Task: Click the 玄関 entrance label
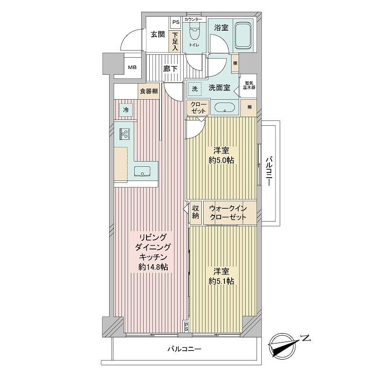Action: (158, 34)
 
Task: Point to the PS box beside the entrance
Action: (176, 22)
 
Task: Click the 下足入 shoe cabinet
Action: (175, 41)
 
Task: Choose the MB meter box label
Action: (132, 67)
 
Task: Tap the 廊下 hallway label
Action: (170, 69)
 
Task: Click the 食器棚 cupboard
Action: (149, 91)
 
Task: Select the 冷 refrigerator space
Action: (126, 110)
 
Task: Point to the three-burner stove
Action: (125, 134)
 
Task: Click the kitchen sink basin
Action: (142, 171)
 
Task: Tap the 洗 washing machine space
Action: (195, 89)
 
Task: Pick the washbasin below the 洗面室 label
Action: (224, 107)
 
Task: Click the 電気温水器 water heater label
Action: (249, 86)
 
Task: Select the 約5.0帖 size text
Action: (221, 160)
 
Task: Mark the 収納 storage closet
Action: (196, 212)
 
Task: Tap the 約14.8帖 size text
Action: (153, 267)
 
